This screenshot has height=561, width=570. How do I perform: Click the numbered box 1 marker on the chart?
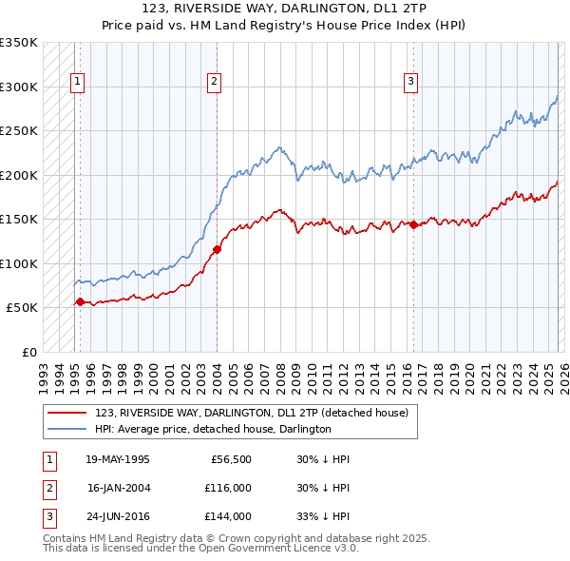tap(77, 83)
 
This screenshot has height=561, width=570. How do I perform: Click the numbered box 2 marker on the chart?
tap(215, 83)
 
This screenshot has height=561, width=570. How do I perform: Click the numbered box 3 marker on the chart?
tap(411, 83)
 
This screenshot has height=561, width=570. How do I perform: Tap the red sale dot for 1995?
tap(80, 302)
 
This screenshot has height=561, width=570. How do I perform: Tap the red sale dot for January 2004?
tap(217, 250)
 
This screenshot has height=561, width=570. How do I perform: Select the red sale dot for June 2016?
tap(413, 225)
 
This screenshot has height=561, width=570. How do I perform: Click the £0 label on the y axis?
tap(28, 352)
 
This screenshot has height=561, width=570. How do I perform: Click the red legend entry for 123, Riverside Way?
tap(252, 413)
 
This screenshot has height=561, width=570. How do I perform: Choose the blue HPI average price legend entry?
tap(213, 429)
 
